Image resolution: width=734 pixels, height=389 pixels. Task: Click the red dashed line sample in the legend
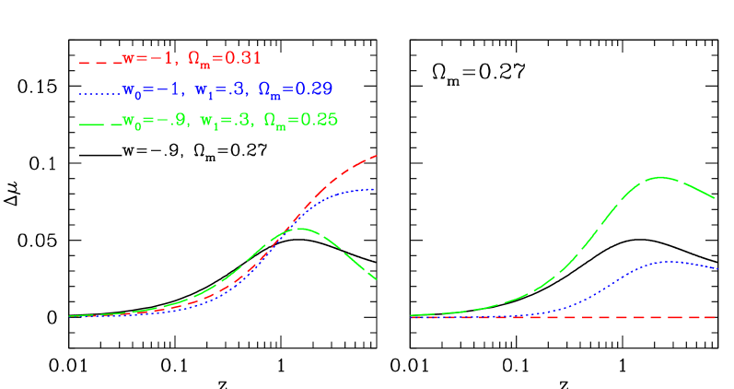pyautogui.click(x=99, y=62)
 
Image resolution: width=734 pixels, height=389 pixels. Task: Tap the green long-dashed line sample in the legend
pyautogui.click(x=99, y=123)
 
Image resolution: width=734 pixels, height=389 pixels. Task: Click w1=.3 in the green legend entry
pyautogui.click(x=227, y=120)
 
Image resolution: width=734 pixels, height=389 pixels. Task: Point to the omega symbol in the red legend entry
pyautogui.click(x=197, y=59)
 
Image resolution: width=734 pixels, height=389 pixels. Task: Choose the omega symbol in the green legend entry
pyautogui.click(x=274, y=120)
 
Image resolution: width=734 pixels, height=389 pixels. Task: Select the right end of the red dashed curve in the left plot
pyautogui.click(x=377, y=156)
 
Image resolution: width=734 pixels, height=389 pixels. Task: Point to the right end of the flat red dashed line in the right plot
pyautogui.click(x=716, y=317)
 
